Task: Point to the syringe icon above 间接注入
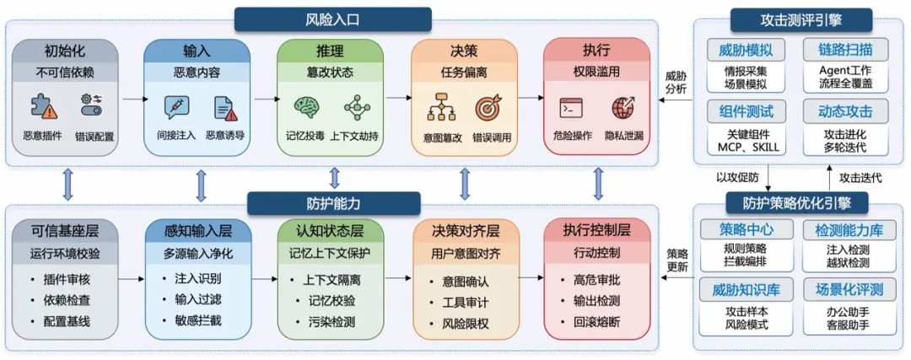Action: [x=175, y=107]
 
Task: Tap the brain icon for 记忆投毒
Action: [x=305, y=107]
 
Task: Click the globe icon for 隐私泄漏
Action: [x=625, y=107]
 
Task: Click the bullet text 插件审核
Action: [x=71, y=278]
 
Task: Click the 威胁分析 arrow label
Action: [x=676, y=82]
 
